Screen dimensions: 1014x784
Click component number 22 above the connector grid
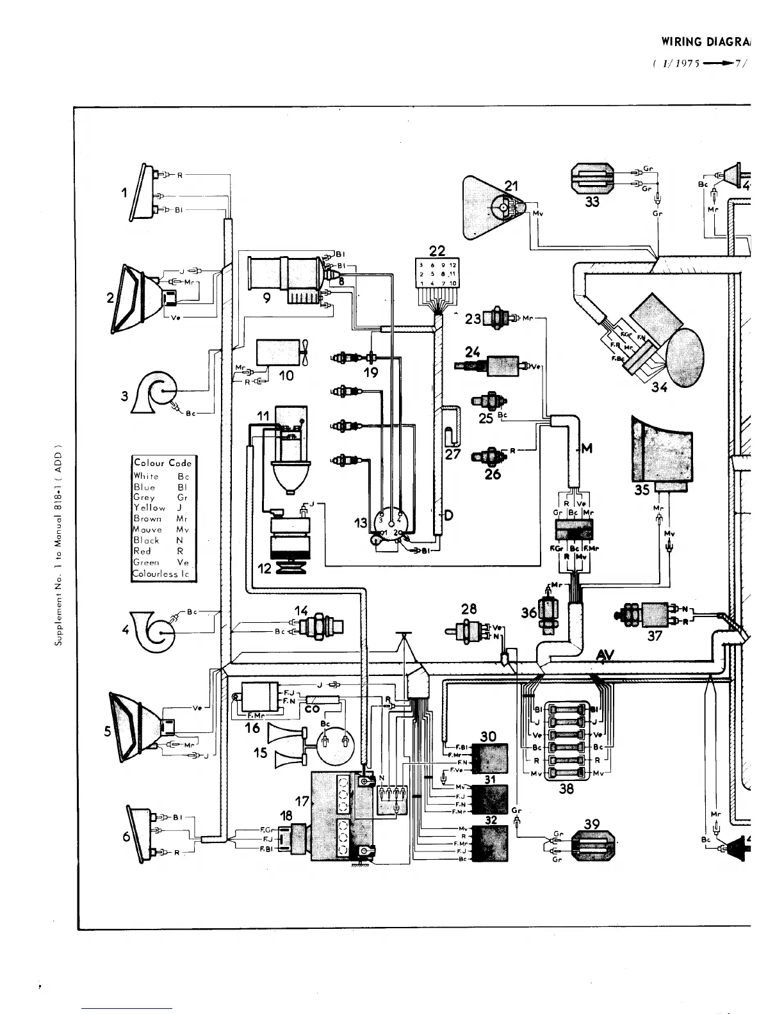coord(437,250)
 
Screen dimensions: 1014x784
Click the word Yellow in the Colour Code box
coord(149,508)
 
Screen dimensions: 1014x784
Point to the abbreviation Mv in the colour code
coord(182,529)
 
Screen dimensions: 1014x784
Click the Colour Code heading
coord(163,463)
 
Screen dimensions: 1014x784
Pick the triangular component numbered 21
coord(494,207)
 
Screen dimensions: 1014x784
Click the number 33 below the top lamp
coord(592,201)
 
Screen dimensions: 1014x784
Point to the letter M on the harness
coord(586,449)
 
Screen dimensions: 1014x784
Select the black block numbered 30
coord(490,758)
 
